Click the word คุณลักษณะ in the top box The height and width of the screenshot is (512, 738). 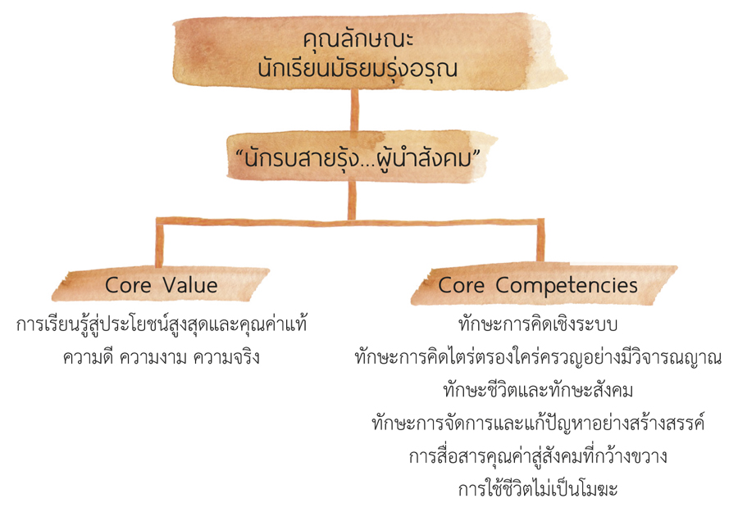point(358,40)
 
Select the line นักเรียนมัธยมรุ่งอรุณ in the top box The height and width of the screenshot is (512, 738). point(358,69)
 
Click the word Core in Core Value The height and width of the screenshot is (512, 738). point(128,285)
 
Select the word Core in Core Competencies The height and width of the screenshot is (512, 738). point(461,285)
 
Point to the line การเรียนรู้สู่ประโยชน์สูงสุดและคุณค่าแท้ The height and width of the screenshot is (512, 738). point(162,324)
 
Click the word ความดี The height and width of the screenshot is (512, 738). point(88,357)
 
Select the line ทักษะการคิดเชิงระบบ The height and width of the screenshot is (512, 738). point(538,324)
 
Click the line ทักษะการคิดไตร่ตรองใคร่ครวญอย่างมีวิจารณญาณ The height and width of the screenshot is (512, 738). point(538,357)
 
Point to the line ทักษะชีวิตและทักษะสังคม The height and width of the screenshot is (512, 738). point(538,390)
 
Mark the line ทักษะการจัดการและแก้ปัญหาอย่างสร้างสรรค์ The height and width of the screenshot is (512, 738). point(538,424)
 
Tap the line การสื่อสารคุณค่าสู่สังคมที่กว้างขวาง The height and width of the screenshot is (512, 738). point(538,456)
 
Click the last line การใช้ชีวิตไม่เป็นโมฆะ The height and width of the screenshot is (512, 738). point(538,489)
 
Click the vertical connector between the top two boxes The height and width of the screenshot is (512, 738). point(354,111)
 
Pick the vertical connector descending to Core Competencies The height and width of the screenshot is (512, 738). point(540,240)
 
